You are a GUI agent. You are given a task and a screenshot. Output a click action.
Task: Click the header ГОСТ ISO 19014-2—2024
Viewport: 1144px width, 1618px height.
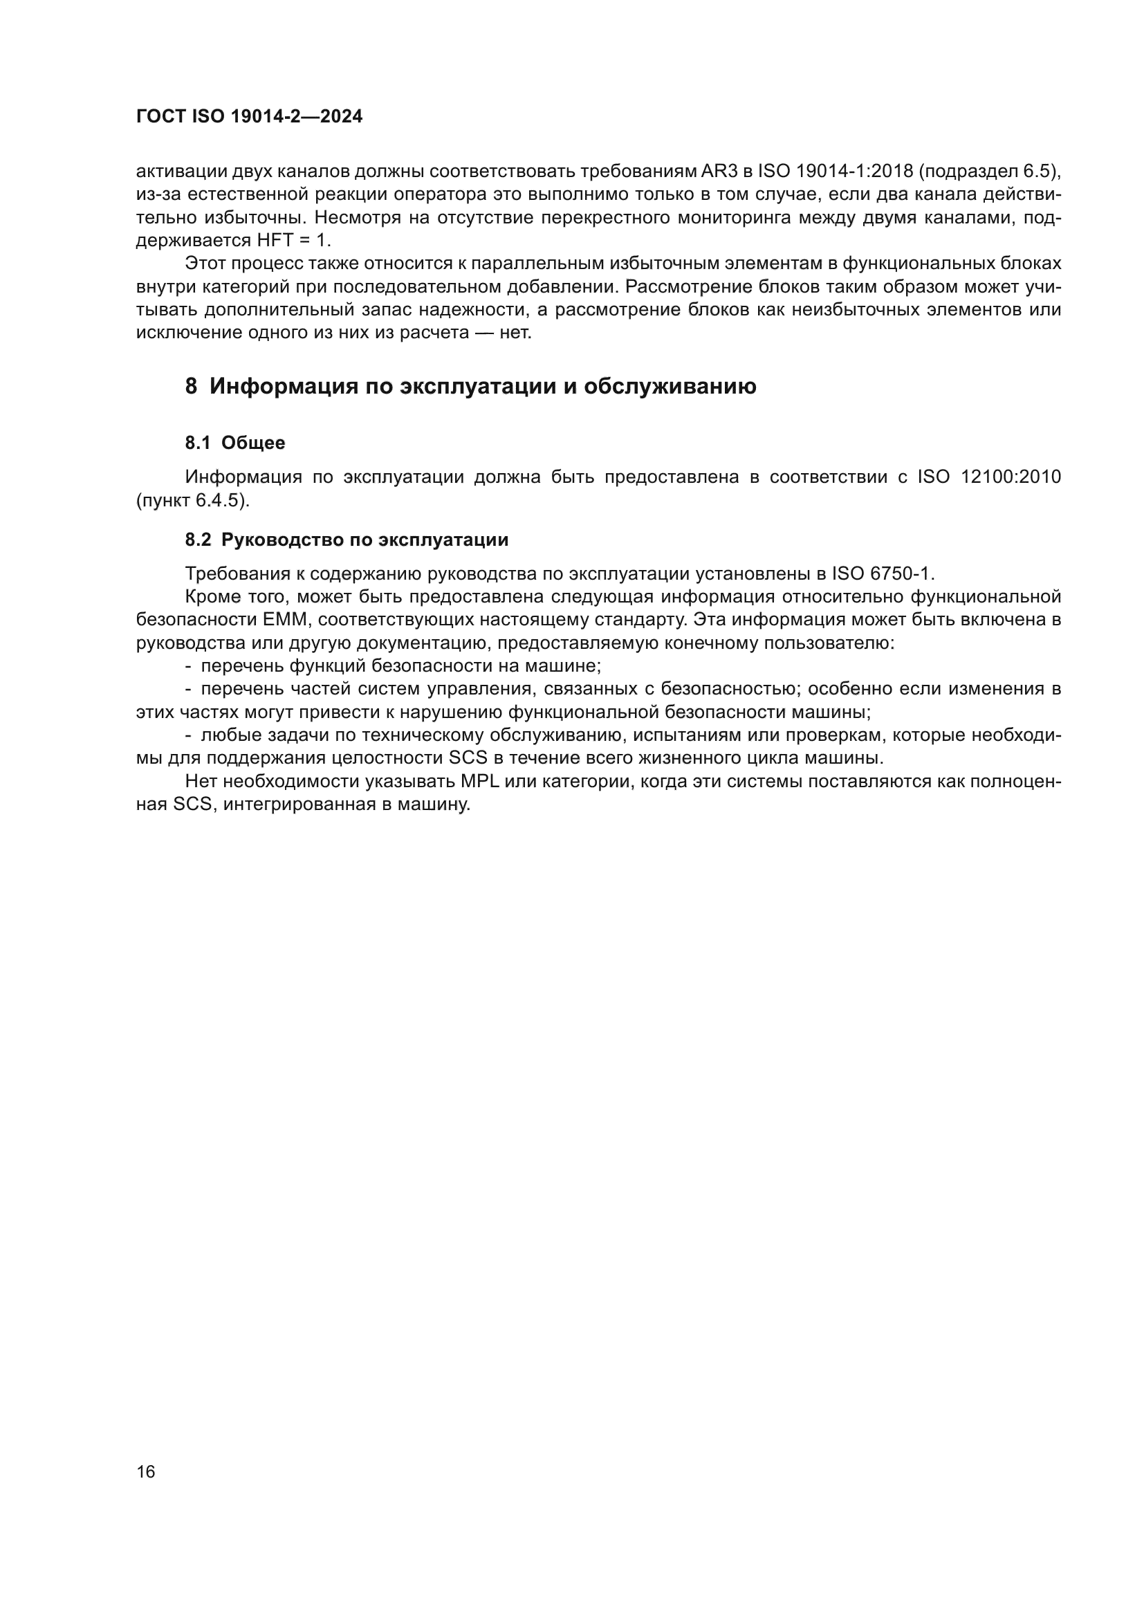click(250, 116)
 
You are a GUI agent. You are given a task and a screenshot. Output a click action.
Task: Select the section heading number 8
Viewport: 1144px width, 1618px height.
click(191, 387)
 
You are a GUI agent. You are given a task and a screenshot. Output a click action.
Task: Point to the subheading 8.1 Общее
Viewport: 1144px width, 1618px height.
click(234, 443)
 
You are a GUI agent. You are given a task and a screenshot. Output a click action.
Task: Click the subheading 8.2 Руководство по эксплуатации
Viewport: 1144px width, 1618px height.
click(347, 540)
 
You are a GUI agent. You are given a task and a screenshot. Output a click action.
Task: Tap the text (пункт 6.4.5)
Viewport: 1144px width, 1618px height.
click(193, 500)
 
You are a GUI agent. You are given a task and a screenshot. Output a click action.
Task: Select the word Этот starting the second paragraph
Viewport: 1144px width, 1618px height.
click(205, 264)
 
